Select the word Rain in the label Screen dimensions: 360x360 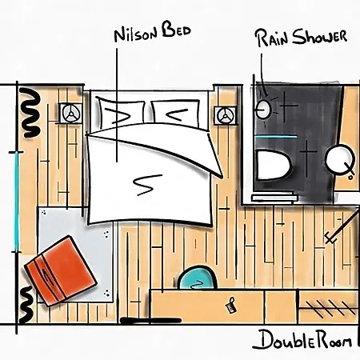click(x=273, y=38)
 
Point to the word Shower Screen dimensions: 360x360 click(x=319, y=37)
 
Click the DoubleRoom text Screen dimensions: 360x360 click(x=302, y=339)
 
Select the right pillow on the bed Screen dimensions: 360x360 click(x=175, y=114)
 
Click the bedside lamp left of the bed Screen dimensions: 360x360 click(x=71, y=113)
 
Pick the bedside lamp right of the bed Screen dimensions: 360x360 click(x=226, y=115)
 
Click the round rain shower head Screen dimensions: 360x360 click(x=263, y=110)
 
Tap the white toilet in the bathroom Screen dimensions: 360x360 click(x=274, y=165)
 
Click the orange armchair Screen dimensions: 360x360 click(x=61, y=270)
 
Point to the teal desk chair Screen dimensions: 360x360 click(x=198, y=278)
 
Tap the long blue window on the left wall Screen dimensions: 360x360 click(x=17, y=202)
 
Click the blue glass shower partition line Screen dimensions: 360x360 click(x=276, y=137)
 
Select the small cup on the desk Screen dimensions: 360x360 click(x=230, y=305)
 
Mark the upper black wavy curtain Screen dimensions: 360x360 click(x=30, y=113)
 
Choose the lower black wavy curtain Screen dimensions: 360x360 click(x=26, y=304)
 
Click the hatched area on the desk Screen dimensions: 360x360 click(x=329, y=307)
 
